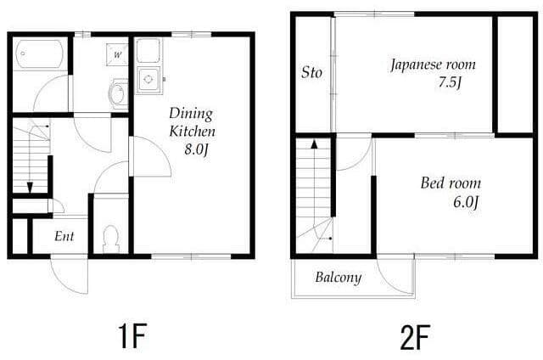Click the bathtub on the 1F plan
40,54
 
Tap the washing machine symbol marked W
117,54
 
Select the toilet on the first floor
111,239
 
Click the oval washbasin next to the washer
118,93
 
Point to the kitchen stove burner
148,79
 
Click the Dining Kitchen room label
193,122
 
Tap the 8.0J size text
197,150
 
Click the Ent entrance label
64,236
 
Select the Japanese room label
433,65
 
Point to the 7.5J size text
451,83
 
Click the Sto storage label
311,72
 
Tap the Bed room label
451,183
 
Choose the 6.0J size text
466,202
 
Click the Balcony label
339,277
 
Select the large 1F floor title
132,335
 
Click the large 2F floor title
415,337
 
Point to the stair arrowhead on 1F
30,187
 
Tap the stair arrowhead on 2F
314,144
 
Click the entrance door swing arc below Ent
64,284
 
